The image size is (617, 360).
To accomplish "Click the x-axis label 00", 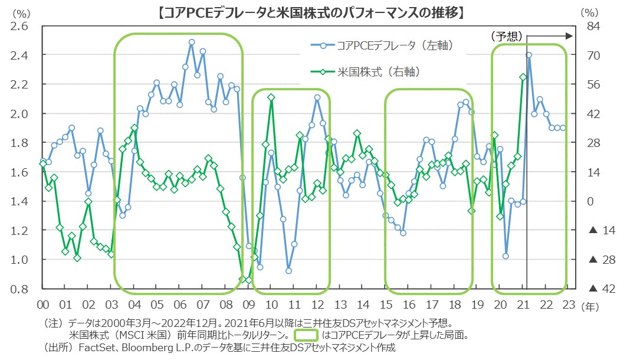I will [43, 305].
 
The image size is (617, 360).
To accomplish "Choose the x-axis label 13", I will [340, 305].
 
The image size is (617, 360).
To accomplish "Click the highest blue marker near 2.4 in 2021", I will [529, 55].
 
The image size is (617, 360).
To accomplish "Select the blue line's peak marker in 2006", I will [192, 42].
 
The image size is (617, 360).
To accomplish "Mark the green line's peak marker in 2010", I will [271, 97].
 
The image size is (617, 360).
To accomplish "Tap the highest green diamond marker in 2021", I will [523, 77].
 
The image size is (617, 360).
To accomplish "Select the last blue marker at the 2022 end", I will [563, 127].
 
